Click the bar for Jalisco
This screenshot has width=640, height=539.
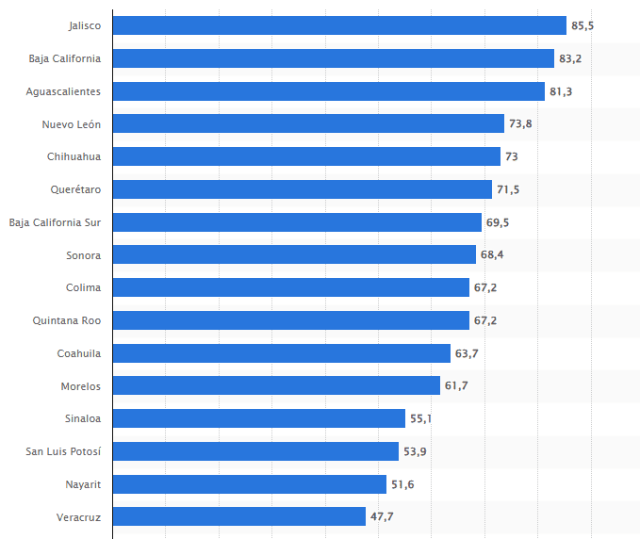click(x=339, y=25)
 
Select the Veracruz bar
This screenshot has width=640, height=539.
click(x=239, y=516)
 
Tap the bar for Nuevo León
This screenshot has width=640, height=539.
click(x=308, y=123)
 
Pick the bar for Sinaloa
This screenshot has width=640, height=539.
click(x=259, y=418)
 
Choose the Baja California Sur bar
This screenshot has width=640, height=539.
click(x=297, y=222)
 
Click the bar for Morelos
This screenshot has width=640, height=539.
click(x=276, y=385)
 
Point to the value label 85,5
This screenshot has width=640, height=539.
click(x=583, y=25)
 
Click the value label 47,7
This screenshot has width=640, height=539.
click(x=382, y=516)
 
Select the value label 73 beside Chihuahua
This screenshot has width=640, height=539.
click(x=512, y=156)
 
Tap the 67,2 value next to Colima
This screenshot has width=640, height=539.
click(x=485, y=287)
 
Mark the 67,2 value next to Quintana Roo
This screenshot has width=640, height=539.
click(x=485, y=320)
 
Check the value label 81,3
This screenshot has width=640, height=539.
click(x=561, y=91)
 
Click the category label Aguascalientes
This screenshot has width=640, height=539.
click(x=63, y=91)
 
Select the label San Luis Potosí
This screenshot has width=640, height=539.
click(x=62, y=451)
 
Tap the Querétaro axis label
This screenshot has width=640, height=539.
click(x=75, y=189)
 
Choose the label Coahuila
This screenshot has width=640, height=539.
click(x=79, y=353)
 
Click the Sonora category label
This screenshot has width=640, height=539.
click(x=83, y=254)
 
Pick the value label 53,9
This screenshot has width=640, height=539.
click(x=415, y=451)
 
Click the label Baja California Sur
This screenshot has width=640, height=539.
click(x=55, y=222)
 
